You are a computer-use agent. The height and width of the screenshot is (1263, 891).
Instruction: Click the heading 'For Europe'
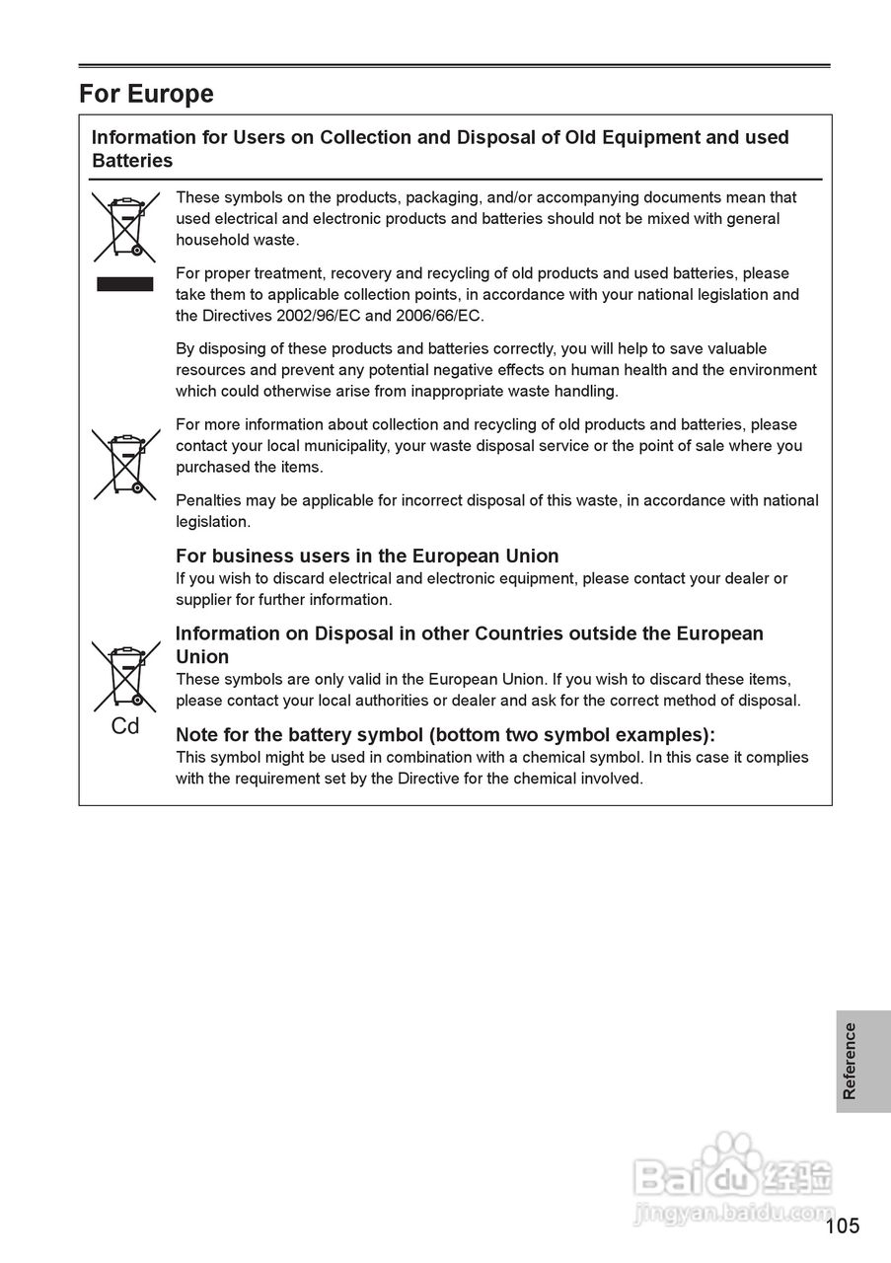[x=146, y=94]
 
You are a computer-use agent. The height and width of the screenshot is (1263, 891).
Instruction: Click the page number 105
[x=843, y=1226]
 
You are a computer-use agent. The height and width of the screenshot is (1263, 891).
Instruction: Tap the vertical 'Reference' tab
[x=850, y=1061]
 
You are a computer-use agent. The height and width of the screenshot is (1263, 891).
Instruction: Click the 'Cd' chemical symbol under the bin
[x=125, y=726]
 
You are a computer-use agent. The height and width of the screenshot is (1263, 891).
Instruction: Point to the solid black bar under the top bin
[x=125, y=284]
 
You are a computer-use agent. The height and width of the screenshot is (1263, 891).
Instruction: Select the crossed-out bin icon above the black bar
[x=125, y=226]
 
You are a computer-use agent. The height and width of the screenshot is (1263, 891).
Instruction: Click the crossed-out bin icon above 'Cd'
[x=125, y=676]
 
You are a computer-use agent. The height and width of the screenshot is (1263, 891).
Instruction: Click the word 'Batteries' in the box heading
[x=132, y=161]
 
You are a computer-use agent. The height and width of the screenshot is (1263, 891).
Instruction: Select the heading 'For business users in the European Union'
[x=367, y=556]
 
